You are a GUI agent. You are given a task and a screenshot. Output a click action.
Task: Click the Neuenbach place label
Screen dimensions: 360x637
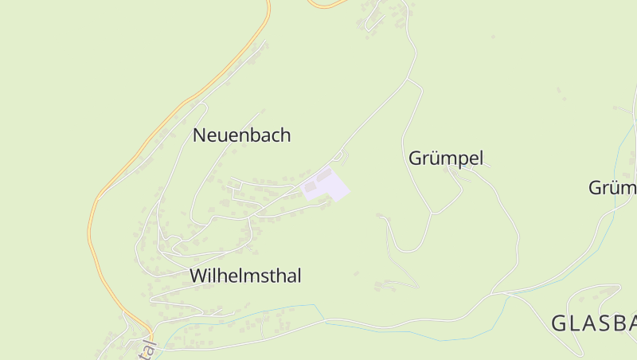pyautogui.click(x=241, y=135)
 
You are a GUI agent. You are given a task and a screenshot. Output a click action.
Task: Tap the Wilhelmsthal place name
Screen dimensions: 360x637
pyautogui.click(x=245, y=276)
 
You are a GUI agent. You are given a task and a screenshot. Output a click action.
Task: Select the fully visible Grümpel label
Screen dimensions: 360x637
pyautogui.click(x=446, y=158)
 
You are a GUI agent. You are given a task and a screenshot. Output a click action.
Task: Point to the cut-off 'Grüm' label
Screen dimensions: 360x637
pyautogui.click(x=612, y=188)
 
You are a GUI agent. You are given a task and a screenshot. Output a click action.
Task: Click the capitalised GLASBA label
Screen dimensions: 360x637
pyautogui.click(x=593, y=323)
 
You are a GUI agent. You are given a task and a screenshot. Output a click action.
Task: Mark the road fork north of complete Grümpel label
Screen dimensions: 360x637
pyautogui.click(x=409, y=80)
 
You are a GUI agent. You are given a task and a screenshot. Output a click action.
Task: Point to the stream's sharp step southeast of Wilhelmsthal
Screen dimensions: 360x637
pyautogui.click(x=323, y=320)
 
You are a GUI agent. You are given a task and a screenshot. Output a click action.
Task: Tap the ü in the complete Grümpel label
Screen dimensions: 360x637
pyautogui.click(x=433, y=158)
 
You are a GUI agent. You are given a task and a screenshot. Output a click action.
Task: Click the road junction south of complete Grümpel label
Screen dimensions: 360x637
pyautogui.click(x=432, y=213)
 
